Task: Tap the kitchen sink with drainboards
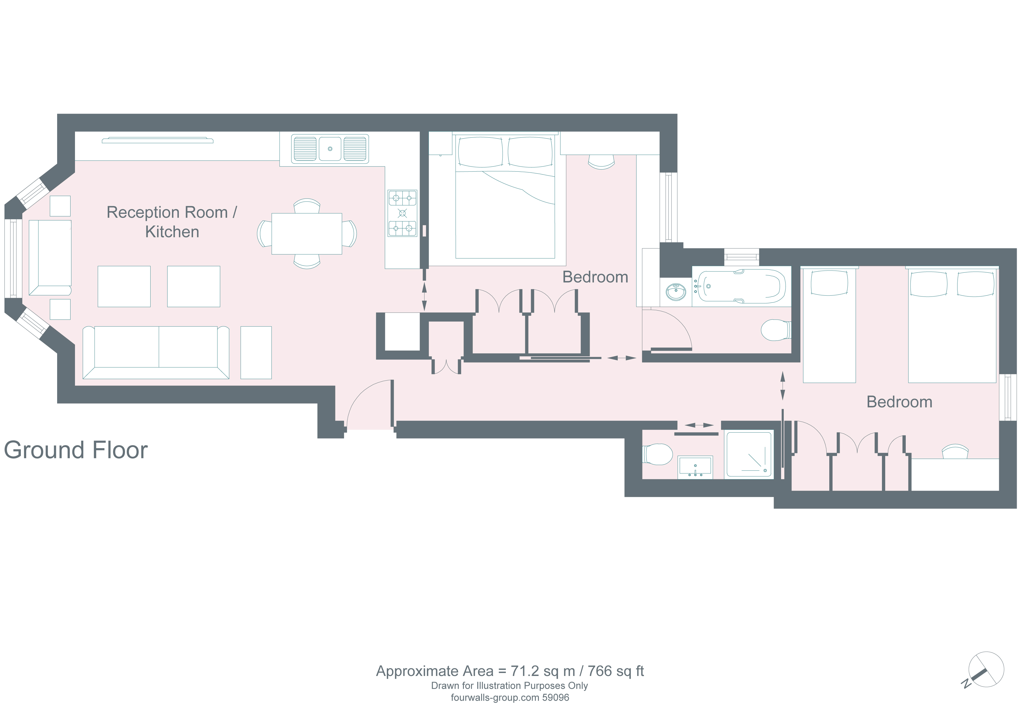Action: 330,149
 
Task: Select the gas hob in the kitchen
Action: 402,213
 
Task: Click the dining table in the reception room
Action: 307,233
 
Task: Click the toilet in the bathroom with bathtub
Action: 776,330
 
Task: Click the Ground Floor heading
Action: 76,450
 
